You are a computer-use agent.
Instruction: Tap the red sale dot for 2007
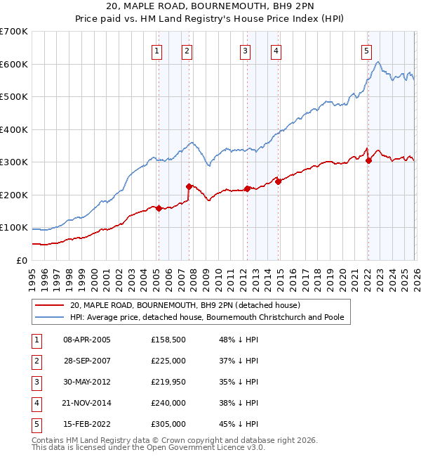[189, 186]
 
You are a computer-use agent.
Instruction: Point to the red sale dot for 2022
[368, 160]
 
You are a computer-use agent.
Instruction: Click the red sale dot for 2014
[278, 181]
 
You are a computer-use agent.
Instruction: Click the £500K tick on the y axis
[14, 96]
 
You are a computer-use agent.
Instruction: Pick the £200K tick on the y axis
[14, 195]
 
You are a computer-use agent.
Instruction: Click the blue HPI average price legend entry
[207, 318]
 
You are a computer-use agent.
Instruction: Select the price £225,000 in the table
[168, 361]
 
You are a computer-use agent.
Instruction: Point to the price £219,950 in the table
[168, 382]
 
